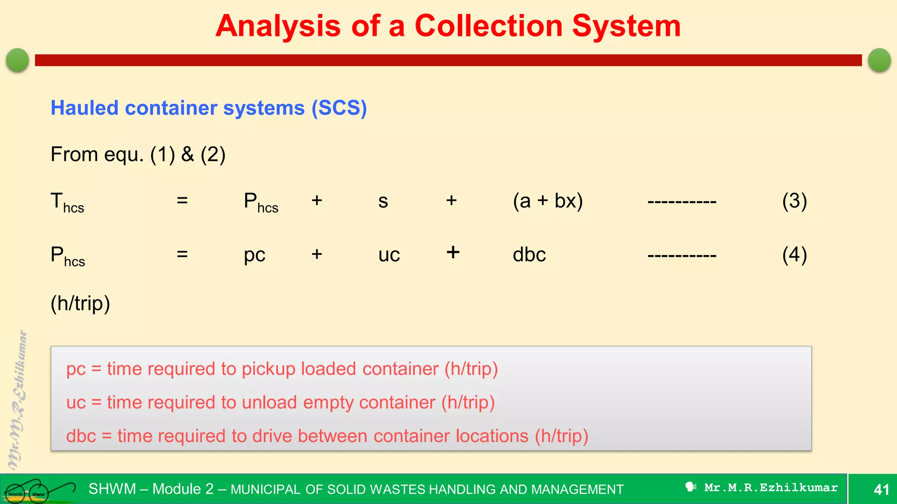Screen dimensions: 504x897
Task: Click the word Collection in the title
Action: click(488, 26)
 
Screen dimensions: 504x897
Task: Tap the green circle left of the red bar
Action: click(18, 60)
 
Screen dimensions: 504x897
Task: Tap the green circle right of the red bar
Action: click(879, 60)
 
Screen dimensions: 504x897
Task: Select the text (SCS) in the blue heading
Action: click(339, 108)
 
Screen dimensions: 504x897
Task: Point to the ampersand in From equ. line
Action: click(187, 154)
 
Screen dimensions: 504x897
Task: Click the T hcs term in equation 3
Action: click(67, 203)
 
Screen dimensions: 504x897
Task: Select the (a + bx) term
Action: click(547, 201)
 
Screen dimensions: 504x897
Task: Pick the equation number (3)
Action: click(794, 201)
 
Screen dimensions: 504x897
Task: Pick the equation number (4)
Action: click(794, 255)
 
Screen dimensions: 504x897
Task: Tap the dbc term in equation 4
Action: click(529, 255)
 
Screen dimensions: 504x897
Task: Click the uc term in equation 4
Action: click(389, 255)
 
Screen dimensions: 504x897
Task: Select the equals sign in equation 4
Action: click(182, 254)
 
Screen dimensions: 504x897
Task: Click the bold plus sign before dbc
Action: click(453, 252)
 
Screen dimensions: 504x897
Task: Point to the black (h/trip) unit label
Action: click(80, 303)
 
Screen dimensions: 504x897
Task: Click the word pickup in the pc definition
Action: click(268, 369)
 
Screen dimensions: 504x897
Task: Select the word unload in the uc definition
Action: click(269, 402)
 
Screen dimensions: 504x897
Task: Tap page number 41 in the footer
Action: click(881, 489)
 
